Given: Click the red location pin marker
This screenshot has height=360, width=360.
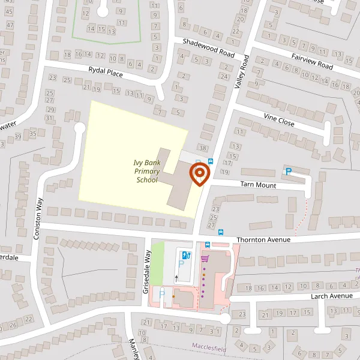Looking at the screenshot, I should (199, 175).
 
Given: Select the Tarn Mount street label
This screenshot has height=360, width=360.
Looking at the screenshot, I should (258, 185).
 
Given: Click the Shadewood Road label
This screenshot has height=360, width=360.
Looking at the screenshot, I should (209, 47).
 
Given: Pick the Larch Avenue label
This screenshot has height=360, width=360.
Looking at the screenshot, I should (331, 296).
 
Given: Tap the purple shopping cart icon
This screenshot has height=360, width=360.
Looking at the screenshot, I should (205, 259).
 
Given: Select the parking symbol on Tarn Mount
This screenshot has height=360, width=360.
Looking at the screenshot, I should (288, 172).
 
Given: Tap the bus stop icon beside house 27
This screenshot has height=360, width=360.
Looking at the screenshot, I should (221, 232).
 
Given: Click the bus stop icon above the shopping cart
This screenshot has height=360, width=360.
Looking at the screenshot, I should (208, 245).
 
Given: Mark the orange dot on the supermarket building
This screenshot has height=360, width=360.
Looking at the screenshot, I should (173, 295).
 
